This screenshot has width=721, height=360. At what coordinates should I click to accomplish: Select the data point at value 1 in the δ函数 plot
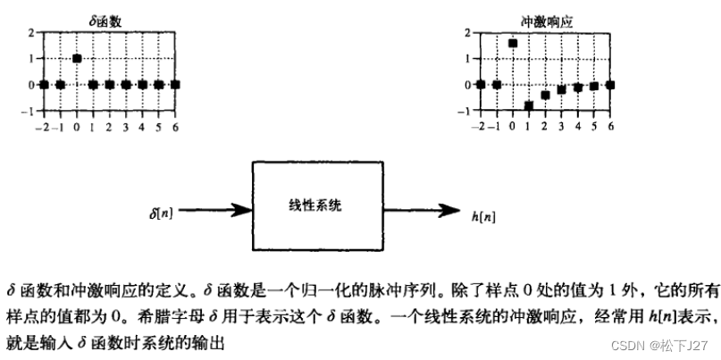(x=78, y=58)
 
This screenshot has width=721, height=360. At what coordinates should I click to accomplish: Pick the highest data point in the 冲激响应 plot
(x=513, y=43)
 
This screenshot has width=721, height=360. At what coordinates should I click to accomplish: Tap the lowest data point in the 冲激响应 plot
(x=529, y=105)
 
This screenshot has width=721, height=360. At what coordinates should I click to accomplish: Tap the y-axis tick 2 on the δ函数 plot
(x=31, y=33)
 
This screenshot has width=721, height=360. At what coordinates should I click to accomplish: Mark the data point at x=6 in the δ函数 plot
(x=175, y=85)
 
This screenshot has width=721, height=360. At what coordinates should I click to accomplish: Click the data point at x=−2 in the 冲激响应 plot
(x=481, y=85)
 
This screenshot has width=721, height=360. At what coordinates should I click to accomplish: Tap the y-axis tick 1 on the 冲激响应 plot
(x=471, y=59)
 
